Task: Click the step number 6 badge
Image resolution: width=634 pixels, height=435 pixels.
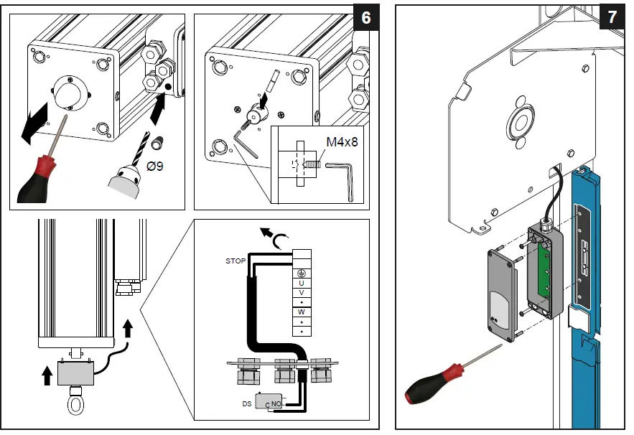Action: (366, 18)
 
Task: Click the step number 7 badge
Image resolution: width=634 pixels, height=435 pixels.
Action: (612, 18)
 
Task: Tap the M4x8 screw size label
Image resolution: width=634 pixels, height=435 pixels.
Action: (342, 141)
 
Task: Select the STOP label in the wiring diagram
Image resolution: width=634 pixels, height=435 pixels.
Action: (236, 261)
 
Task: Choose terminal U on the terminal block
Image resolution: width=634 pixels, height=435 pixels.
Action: (302, 283)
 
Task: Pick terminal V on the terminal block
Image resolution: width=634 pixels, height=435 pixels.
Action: (302, 293)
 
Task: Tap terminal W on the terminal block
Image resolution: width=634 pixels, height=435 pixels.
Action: (302, 312)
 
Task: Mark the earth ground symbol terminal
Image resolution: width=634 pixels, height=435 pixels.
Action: (302, 273)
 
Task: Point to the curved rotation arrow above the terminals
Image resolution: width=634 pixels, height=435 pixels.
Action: (271, 234)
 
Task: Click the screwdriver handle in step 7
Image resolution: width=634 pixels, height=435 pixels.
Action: (424, 388)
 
